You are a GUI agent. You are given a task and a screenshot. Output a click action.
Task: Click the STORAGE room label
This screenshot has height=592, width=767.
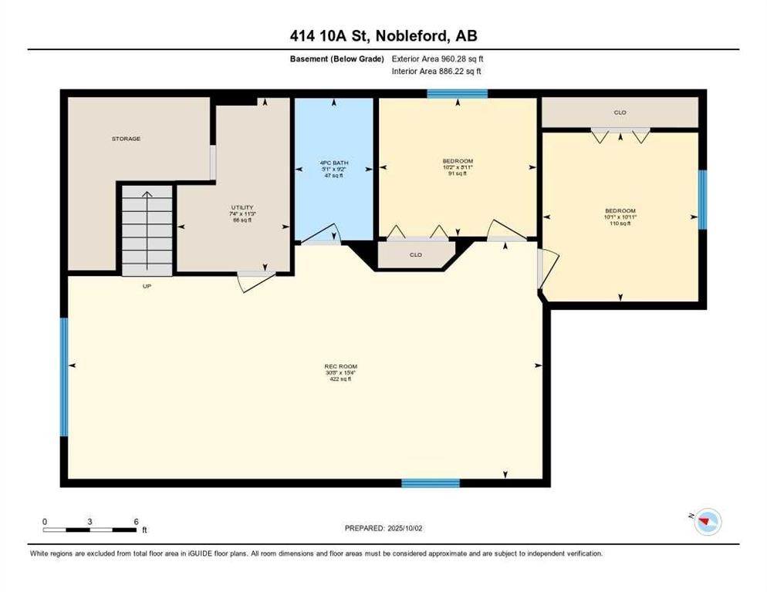[126, 139]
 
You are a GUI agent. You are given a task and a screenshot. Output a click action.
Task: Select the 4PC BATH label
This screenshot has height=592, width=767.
[335, 163]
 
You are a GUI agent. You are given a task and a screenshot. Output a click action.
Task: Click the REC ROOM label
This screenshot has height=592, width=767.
[340, 366]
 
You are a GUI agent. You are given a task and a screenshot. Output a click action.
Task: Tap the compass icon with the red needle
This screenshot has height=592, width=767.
[706, 523]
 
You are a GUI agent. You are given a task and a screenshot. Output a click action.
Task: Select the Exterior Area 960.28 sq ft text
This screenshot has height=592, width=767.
[438, 58]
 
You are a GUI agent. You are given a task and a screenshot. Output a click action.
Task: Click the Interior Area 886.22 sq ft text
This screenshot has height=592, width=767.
[438, 72]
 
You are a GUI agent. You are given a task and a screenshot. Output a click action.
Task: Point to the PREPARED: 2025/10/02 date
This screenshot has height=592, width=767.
[384, 528]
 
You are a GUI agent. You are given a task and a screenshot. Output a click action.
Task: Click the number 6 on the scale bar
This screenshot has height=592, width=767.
[136, 521]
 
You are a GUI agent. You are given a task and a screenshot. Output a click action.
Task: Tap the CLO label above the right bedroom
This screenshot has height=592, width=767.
[620, 113]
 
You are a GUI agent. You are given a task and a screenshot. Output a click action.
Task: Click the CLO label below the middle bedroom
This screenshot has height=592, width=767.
[415, 254]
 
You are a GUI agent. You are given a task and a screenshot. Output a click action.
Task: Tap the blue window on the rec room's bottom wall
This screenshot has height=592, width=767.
[431, 483]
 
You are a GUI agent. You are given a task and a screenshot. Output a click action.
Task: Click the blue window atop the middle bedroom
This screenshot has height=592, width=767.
[458, 94]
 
